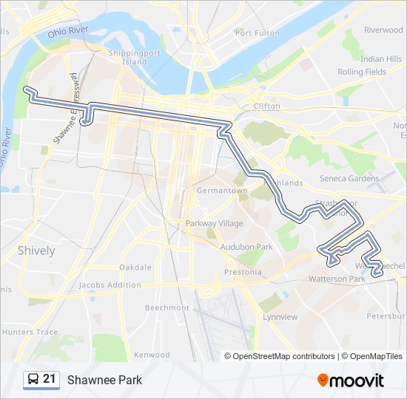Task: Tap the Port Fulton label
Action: pyautogui.click(x=257, y=33)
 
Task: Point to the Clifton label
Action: pyautogui.click(x=267, y=106)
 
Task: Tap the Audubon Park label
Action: pyautogui.click(x=247, y=247)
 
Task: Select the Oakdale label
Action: pyautogui.click(x=135, y=267)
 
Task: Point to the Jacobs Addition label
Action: pyautogui.click(x=110, y=285)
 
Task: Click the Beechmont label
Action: pyautogui.click(x=167, y=307)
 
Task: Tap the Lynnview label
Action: pyautogui.click(x=280, y=317)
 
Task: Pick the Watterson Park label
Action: pyautogui.click(x=337, y=279)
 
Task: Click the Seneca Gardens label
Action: pyautogui.click(x=349, y=178)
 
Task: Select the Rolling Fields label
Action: pyautogui.click(x=362, y=72)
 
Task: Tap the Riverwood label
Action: pyautogui.click(x=383, y=30)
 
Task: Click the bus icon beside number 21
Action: pyautogui.click(x=33, y=380)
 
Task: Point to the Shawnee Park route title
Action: pyautogui.click(x=104, y=380)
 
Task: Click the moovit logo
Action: pyautogui.click(x=351, y=380)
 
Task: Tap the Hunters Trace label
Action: pyautogui.click(x=30, y=332)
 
